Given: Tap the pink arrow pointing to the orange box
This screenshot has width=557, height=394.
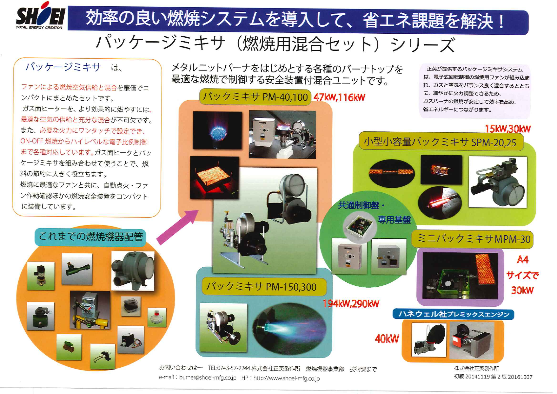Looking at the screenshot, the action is pos(178,227).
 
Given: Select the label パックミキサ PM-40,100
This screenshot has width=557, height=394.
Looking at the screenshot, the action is pos(255,97).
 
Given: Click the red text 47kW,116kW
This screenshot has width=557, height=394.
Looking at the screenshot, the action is pos(339,97).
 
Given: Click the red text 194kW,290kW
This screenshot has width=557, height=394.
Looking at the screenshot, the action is pos(351,304).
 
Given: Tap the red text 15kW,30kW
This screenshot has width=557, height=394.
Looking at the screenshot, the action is pos(507,129).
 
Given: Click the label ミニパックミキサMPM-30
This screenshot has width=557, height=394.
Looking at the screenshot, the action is pos(473,239).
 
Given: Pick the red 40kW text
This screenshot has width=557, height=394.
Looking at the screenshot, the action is pos(387,339).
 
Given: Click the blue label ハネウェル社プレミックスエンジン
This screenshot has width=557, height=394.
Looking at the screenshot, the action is pos(453,314).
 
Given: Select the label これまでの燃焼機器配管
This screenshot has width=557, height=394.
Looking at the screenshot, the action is pos(90,237).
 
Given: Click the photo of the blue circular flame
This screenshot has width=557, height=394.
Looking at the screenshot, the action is pos(217,130).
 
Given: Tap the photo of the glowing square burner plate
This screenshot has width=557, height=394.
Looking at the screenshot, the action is pos(214,177).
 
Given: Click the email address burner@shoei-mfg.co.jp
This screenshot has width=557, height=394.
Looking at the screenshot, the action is pos(208,378).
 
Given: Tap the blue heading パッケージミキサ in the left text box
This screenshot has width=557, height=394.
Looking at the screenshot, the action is pos(63,67).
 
